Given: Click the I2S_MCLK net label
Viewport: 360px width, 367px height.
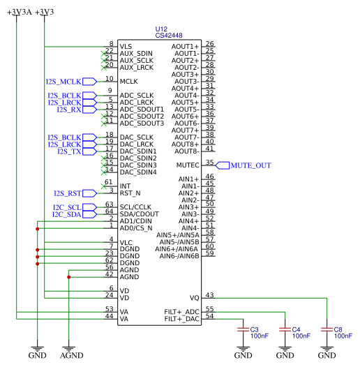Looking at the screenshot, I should click(63, 82).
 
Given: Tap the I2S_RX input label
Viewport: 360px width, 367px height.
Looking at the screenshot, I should click(69, 110).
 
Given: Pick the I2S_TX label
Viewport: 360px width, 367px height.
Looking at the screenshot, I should click(69, 151).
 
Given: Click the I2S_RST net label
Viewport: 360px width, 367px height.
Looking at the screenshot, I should click(68, 193).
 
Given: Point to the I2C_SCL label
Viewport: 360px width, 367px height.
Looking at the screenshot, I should click(68, 207).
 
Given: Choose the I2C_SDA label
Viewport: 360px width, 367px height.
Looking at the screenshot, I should click(68, 214).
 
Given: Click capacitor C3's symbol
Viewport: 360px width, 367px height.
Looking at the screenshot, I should click(242, 328).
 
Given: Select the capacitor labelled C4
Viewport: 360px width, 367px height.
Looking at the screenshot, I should click(284, 328).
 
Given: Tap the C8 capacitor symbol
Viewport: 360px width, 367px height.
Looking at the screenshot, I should click(326, 328).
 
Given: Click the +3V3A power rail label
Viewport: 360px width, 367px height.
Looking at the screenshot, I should click(18, 13).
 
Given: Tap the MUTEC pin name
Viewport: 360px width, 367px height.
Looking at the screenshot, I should click(187, 165).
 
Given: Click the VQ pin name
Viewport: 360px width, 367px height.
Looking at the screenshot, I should click(195, 298).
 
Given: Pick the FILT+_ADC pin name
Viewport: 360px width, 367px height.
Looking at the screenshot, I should click(182, 312).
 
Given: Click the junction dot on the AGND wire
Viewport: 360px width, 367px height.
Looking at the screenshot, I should click(68, 277).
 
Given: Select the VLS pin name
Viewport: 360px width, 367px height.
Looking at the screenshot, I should click(126, 47).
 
